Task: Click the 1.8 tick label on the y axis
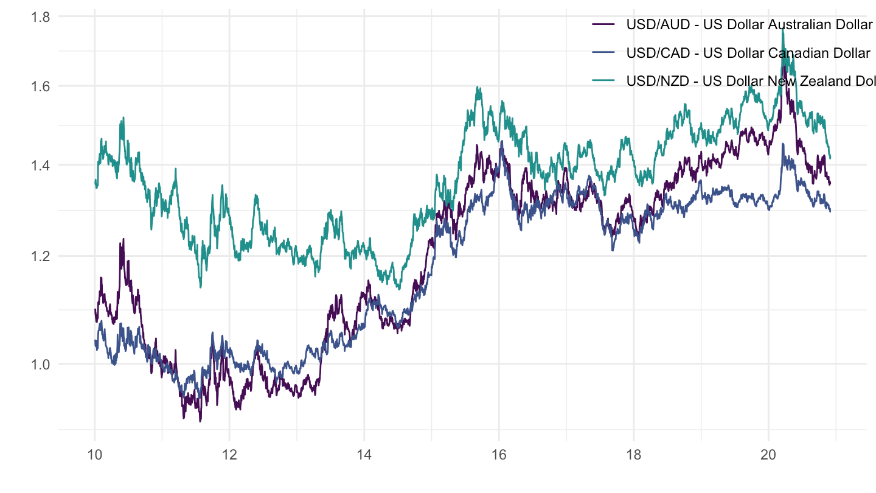tap(41, 17)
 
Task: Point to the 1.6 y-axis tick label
tap(41, 86)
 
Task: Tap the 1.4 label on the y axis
tap(41, 165)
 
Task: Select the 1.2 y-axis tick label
tap(41, 256)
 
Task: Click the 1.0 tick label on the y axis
tap(41, 364)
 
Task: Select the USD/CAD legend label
tap(748, 53)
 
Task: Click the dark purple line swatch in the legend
tap(603, 25)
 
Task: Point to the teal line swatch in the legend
tap(603, 81)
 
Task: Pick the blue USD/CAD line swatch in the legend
tap(603, 53)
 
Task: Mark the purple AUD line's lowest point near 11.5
tap(200, 421)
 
